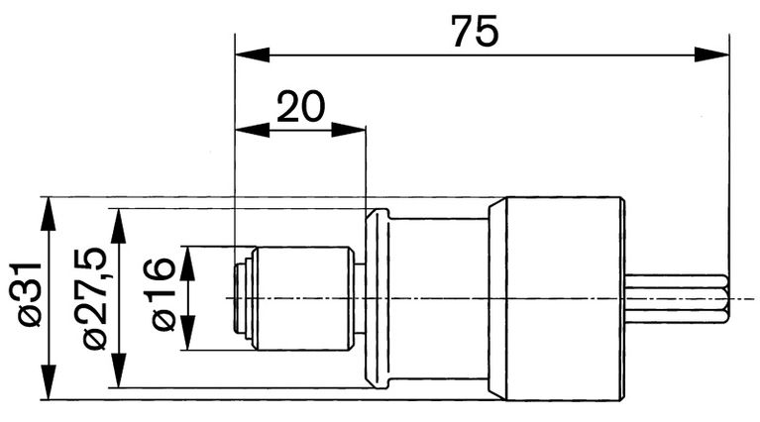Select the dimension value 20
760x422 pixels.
tap(300, 106)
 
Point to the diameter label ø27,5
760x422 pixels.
tap(96, 298)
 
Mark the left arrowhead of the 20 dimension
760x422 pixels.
tap(249, 129)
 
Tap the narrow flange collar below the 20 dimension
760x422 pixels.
tap(377, 298)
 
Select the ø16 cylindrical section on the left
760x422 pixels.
tap(302, 297)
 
